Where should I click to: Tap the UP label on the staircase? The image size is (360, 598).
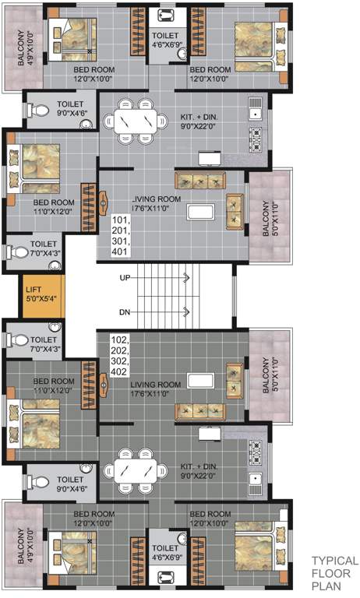point(125,277)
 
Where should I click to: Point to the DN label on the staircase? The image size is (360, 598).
point(125,313)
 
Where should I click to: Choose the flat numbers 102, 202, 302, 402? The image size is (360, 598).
point(120,356)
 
